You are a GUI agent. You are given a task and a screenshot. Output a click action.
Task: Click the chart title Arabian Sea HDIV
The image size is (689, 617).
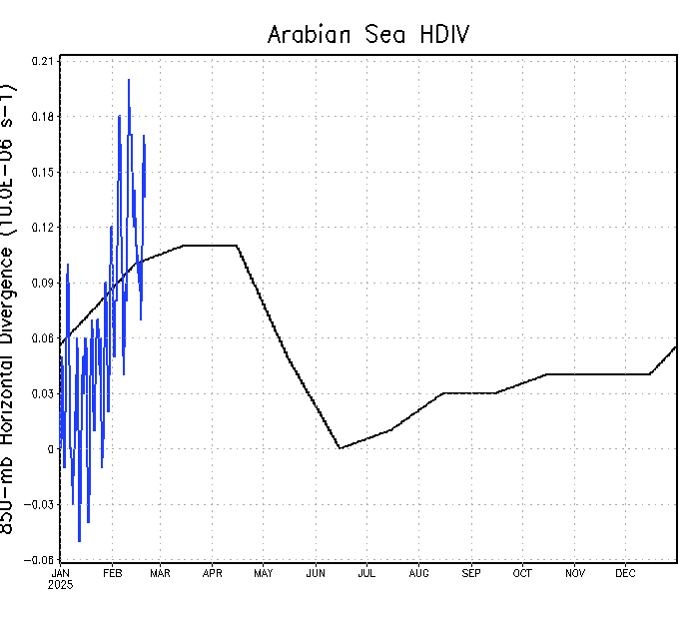pos(367,35)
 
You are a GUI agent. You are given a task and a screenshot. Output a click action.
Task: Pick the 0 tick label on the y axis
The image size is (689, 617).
pos(50,449)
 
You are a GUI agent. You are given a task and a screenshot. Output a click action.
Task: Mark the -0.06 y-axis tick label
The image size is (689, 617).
pos(41,560)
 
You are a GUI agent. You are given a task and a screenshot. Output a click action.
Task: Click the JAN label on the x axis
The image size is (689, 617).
pos(60,573)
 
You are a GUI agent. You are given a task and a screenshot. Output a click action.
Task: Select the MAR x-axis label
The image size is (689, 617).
pos(160,573)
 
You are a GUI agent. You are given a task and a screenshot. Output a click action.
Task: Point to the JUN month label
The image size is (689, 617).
pos(315,573)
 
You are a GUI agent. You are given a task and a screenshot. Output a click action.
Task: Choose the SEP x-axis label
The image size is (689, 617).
pos(470,573)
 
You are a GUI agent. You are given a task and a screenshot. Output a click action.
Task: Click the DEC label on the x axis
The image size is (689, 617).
pos(625,573)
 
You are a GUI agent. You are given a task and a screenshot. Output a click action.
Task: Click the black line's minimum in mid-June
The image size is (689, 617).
pos(340,448)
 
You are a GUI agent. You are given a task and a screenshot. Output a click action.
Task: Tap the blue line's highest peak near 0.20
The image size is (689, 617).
pos(129,80)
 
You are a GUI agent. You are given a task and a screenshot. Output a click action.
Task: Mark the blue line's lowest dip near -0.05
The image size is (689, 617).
pos(79,541)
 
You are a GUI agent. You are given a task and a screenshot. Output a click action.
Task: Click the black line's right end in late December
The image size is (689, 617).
pos(676,346)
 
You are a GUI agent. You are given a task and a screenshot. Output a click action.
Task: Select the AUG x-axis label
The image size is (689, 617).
pos(418,573)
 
